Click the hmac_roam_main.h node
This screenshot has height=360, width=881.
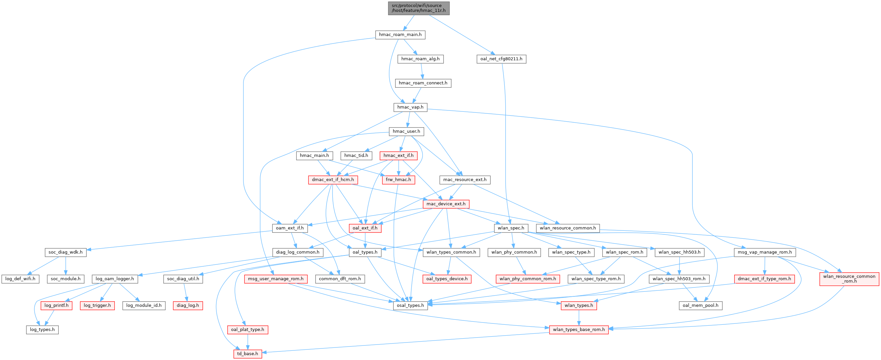400,35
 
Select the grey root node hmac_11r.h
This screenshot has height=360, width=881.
419,8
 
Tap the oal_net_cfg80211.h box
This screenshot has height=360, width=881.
501,59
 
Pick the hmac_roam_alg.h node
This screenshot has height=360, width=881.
420,59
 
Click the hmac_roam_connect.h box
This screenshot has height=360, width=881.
423,83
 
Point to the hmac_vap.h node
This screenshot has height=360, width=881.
410,107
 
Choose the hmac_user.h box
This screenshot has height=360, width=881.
406,132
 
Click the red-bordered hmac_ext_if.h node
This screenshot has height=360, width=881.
398,156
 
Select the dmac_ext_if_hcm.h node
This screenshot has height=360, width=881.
333,180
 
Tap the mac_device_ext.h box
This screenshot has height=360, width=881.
446,204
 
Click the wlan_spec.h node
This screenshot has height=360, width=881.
511,228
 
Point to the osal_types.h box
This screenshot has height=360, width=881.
410,306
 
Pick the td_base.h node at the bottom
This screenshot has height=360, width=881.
248,354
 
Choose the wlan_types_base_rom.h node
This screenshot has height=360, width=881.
579,330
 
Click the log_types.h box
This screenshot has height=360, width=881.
43,330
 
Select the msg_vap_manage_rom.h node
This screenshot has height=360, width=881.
764,252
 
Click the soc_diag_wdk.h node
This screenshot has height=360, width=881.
65,252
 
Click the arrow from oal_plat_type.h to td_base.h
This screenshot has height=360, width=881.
248,342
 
